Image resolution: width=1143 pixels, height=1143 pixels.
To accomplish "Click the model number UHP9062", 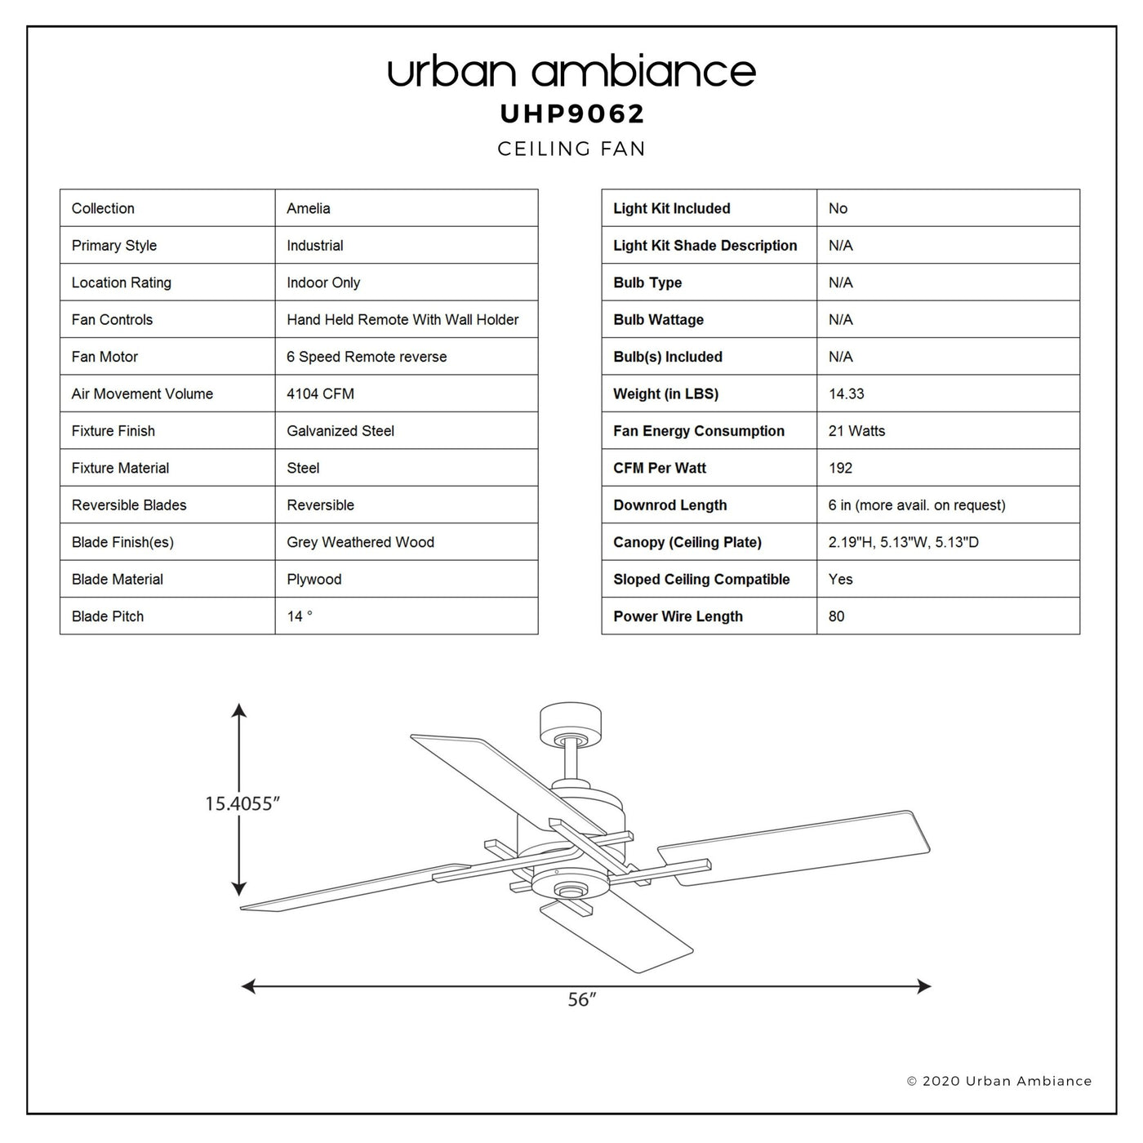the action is tap(571, 113).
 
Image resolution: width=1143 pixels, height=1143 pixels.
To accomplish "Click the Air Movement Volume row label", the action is tap(142, 394).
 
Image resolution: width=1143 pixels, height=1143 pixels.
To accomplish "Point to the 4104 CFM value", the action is tap(320, 394).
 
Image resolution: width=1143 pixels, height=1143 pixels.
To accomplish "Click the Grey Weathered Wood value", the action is tap(361, 542).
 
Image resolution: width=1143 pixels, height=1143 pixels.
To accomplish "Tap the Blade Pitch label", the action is tap(107, 616).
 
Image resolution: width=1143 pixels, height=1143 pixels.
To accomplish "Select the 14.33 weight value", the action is tap(847, 394).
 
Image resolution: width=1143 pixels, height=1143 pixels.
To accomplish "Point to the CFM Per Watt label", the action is tap(660, 468).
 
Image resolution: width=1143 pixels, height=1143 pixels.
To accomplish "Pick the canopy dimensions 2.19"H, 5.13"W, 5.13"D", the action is tap(903, 542).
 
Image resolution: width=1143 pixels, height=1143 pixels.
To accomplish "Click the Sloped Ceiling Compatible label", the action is tap(701, 580).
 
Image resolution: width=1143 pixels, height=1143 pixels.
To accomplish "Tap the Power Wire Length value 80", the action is tap(836, 616).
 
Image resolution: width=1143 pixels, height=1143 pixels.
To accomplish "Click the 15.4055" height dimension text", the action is tap(242, 803).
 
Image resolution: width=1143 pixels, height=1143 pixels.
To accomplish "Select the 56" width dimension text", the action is tap(582, 999).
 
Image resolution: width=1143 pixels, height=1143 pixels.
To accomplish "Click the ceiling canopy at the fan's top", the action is tap(571, 723).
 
